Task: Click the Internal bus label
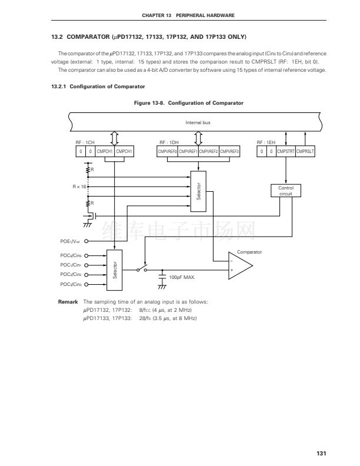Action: click(x=198, y=122)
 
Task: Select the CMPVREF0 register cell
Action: click(x=167, y=151)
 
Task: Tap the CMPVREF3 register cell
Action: click(x=229, y=151)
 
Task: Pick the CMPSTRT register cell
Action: click(x=286, y=151)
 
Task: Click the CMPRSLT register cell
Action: click(x=305, y=151)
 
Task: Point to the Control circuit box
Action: click(x=285, y=191)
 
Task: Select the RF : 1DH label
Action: click(x=168, y=142)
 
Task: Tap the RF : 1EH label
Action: click(x=266, y=142)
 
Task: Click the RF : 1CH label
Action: click(x=85, y=142)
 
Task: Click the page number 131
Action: click(x=321, y=453)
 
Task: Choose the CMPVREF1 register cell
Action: click(x=188, y=151)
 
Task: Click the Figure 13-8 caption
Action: click(x=189, y=103)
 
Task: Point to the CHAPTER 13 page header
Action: click(x=189, y=15)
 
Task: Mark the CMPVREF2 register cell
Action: click(x=208, y=151)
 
